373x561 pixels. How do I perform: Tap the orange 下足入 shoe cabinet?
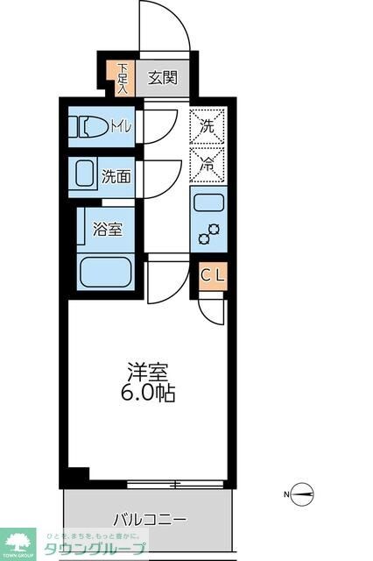coord(123,77)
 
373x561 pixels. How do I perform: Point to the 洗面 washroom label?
coord(116,175)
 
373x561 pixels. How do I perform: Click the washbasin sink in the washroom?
coord(84,175)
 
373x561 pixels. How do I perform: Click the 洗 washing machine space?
coord(208,125)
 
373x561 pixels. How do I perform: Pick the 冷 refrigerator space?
coord(208,162)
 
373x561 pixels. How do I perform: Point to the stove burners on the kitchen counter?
coord(208,235)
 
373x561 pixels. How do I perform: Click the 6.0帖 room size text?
coord(146,393)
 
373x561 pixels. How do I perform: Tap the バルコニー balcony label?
coord(150,520)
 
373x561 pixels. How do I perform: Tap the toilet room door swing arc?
coord(159,126)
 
